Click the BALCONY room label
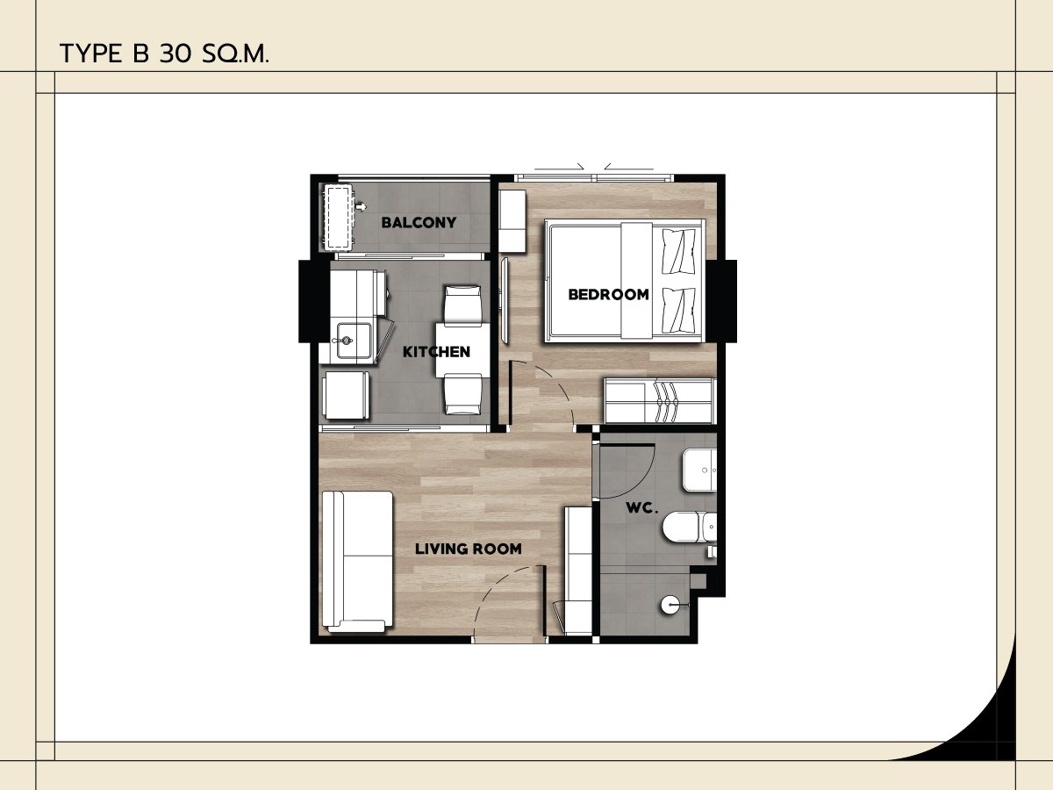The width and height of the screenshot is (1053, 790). coord(419,223)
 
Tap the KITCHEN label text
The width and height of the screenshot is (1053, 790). coord(436,352)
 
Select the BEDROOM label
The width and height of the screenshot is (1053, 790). coord(608,295)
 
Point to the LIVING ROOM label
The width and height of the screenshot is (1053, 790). coord(469,549)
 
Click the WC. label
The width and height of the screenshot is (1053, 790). coord(641,508)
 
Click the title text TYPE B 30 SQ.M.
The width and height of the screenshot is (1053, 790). coord(164,54)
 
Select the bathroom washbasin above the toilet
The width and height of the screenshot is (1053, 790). coord(700,470)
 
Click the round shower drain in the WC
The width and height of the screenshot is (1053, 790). coord(670,605)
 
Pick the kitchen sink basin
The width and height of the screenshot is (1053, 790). coord(354,341)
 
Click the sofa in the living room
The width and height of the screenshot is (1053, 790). coord(357,561)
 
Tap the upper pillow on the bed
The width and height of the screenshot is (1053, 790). coord(678,251)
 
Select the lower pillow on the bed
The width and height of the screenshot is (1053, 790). coord(678,311)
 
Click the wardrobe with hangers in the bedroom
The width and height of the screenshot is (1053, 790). coord(660,400)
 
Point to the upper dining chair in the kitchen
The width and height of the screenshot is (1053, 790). coord(463,305)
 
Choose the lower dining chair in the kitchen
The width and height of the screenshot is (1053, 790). coord(463,394)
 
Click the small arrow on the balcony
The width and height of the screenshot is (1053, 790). coord(362,207)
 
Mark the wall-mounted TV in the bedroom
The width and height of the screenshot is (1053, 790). coord(504,300)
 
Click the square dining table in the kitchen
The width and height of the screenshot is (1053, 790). coord(463,350)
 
